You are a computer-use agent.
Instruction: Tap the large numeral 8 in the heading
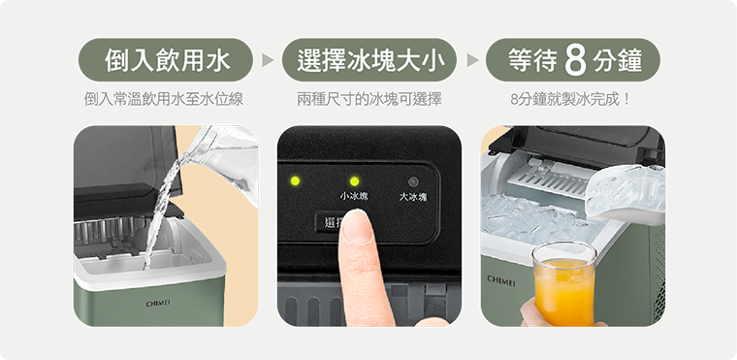coord(575,61)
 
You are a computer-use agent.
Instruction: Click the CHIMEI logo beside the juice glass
coord(501,278)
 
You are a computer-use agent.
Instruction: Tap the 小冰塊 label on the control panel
coord(354,197)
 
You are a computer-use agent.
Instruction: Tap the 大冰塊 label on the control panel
coord(413,197)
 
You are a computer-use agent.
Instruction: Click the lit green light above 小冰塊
coord(354,181)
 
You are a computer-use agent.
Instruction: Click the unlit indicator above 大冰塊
coord(413,181)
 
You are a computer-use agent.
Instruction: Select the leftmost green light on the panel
coord(295,181)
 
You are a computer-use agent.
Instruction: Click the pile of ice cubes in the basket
coord(529,218)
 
